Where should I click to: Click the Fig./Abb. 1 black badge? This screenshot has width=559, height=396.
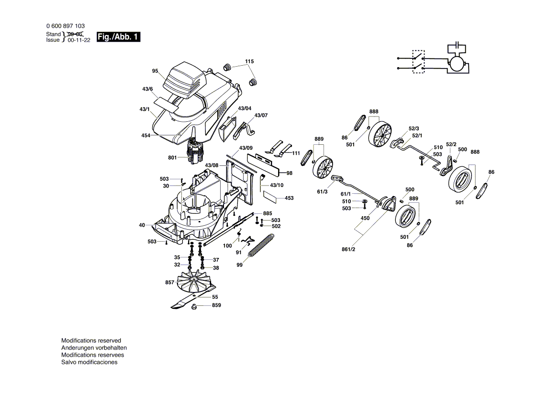[118, 37]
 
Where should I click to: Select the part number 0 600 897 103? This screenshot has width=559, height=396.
[66, 26]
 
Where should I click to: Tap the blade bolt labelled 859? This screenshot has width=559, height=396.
[195, 307]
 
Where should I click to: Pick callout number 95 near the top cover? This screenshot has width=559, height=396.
[155, 71]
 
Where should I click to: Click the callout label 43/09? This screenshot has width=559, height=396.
[246, 148]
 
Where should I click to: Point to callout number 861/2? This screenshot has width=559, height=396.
[348, 249]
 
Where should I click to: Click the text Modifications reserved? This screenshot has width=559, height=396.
[91, 340]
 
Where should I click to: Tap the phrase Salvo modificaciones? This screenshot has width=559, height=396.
[89, 362]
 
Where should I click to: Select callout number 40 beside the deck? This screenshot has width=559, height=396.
[142, 225]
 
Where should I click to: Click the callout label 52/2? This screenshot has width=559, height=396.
[451, 144]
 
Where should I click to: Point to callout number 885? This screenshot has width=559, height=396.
[268, 213]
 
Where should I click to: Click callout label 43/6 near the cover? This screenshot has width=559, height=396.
[147, 90]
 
